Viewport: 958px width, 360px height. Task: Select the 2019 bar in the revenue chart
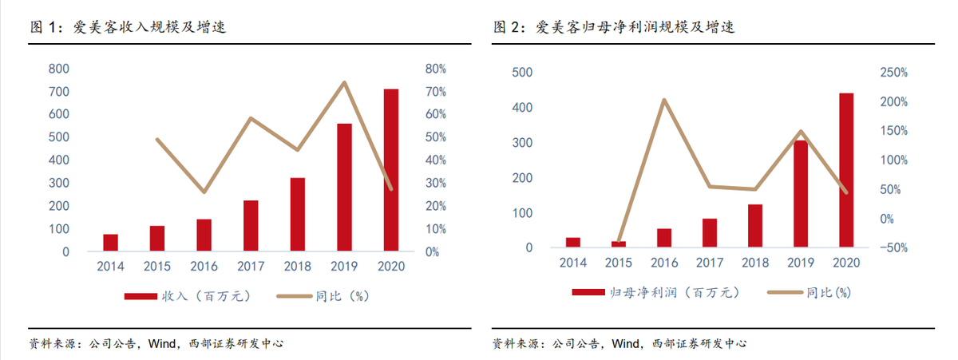point(344,188)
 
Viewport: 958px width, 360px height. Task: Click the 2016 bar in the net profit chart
point(664,238)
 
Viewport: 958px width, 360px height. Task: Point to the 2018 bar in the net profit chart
point(755,226)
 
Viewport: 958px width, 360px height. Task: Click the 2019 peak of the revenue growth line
point(344,82)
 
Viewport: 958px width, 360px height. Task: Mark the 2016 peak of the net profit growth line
point(664,100)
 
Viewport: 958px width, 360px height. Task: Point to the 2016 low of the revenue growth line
point(204,192)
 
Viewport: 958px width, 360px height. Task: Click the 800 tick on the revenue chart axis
point(59,69)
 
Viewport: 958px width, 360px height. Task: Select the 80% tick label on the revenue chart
point(435,69)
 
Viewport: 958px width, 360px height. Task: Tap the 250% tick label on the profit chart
point(892,73)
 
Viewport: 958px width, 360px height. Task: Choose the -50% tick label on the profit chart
point(892,247)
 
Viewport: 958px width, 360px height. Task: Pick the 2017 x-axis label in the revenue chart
point(251,266)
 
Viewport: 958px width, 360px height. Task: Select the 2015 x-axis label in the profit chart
point(619,263)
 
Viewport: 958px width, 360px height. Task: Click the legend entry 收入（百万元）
point(188,296)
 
